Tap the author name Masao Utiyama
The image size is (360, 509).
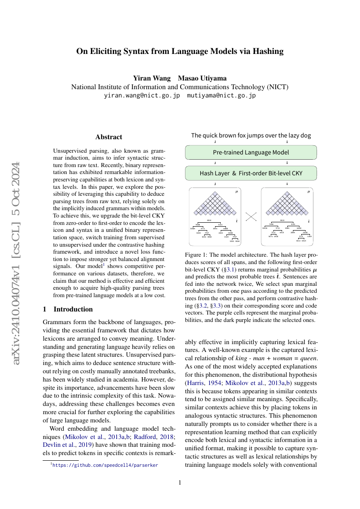click(202, 78)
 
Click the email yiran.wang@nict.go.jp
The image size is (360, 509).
click(141, 95)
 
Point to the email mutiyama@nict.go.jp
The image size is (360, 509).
click(221, 95)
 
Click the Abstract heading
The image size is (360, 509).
click(109, 137)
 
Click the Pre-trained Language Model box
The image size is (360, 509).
click(251, 152)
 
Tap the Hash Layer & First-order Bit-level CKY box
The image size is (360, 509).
click(251, 173)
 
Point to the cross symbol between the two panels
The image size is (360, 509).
click(251, 216)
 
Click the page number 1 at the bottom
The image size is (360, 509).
click(180, 482)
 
